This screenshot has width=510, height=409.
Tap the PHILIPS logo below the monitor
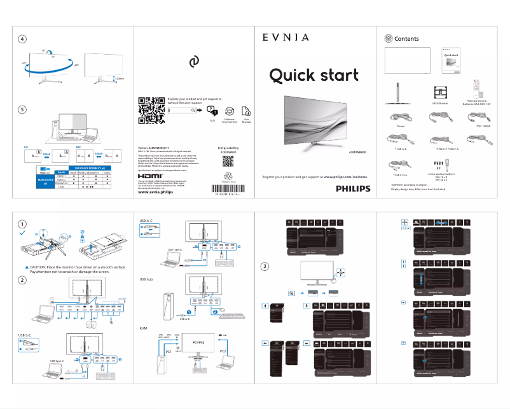pos(352,188)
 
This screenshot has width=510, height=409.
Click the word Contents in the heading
pos(406,39)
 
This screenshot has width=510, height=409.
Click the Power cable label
pos(401,127)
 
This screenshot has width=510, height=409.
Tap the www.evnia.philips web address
pos(155,192)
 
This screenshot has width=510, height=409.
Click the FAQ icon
pos(212,111)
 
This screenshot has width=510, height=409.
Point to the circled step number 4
pos(22,39)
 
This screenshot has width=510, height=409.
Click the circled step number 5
pos(22,109)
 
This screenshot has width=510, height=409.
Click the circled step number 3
pos(266,265)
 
